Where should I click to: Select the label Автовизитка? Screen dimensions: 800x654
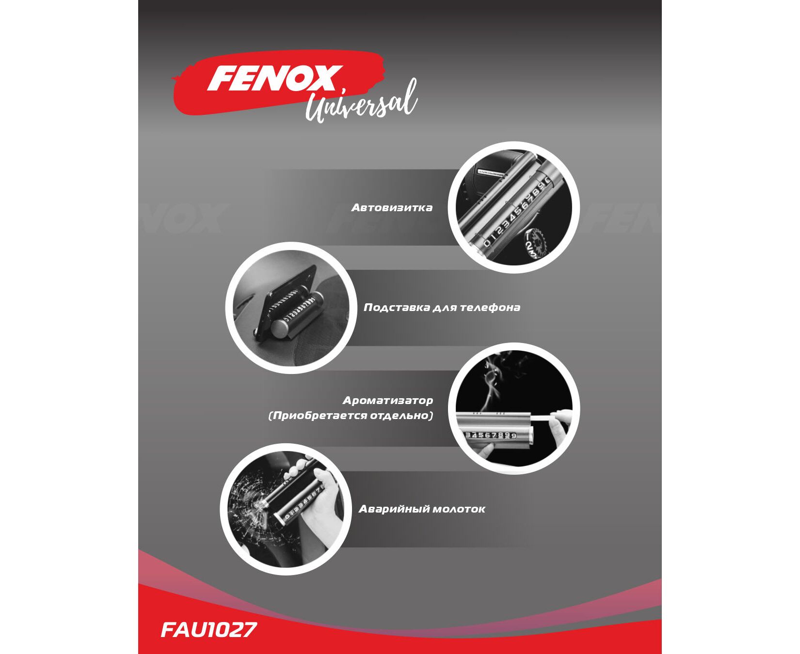[x=392, y=208]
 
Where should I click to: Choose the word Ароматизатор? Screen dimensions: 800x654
[x=388, y=401]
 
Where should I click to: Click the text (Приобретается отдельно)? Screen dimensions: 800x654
[x=351, y=416]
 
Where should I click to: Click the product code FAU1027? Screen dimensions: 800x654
[x=208, y=630]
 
